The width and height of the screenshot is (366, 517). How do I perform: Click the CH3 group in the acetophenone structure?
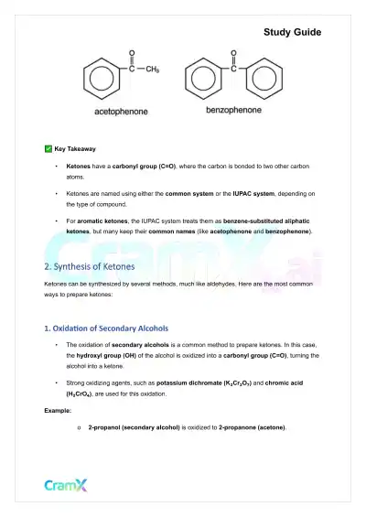pos(151,70)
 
